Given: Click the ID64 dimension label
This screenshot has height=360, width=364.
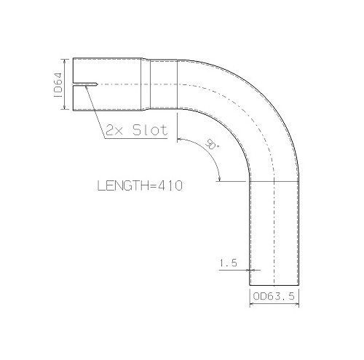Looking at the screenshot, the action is pyautogui.click(x=59, y=85).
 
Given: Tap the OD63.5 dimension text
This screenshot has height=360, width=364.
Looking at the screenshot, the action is pyautogui.click(x=274, y=296).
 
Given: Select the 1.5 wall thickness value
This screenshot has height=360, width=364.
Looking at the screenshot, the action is pyautogui.click(x=228, y=263).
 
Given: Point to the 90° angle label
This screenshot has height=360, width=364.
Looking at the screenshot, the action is pyautogui.click(x=212, y=144).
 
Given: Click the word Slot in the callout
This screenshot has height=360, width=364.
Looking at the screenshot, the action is pyautogui.click(x=150, y=130).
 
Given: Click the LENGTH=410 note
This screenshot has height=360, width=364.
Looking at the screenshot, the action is pyautogui.click(x=140, y=185).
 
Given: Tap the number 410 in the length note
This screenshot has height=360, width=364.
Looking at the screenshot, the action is pyautogui.click(x=170, y=185).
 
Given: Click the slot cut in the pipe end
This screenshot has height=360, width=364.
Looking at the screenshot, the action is pyautogui.click(x=85, y=84).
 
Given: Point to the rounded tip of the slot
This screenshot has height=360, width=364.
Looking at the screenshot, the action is pyautogui.click(x=97, y=84).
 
